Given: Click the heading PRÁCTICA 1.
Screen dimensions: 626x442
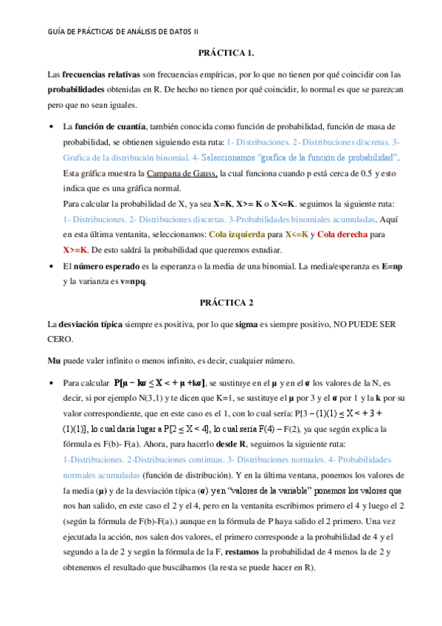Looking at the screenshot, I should point(226,53).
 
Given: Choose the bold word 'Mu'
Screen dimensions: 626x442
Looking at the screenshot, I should point(53,361).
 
